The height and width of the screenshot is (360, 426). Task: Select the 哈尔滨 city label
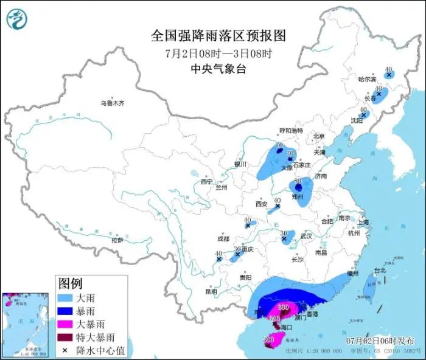(x=368, y=79)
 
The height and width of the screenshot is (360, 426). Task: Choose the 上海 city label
(x=364, y=223)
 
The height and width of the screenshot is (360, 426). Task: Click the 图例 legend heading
(x=70, y=283)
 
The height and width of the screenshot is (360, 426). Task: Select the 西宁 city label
(x=206, y=182)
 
